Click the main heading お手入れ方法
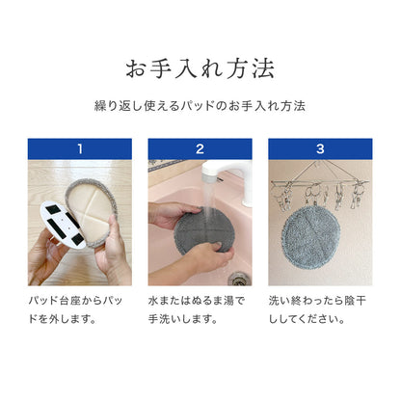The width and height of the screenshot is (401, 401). (200, 68)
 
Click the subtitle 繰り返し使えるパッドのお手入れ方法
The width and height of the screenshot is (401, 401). (200, 106)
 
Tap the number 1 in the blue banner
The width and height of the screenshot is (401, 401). (80, 148)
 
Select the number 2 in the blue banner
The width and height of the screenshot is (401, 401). (200, 148)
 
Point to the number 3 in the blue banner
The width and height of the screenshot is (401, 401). (320, 148)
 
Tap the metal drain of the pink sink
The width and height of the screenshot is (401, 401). (237, 280)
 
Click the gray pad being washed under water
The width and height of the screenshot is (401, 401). (201, 229)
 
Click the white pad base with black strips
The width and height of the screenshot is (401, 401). (64, 225)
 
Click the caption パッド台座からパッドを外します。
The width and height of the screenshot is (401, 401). (75, 310)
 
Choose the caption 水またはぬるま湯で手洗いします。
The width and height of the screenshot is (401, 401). (197, 310)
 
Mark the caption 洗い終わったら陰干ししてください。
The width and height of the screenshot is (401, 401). (317, 310)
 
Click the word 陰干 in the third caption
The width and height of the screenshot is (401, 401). (356, 301)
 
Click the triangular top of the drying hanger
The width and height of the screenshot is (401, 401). (316, 171)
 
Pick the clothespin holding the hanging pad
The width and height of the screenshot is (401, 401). (314, 195)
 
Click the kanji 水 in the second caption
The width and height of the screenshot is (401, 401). (153, 301)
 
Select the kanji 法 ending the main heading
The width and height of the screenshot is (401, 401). (263, 68)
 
